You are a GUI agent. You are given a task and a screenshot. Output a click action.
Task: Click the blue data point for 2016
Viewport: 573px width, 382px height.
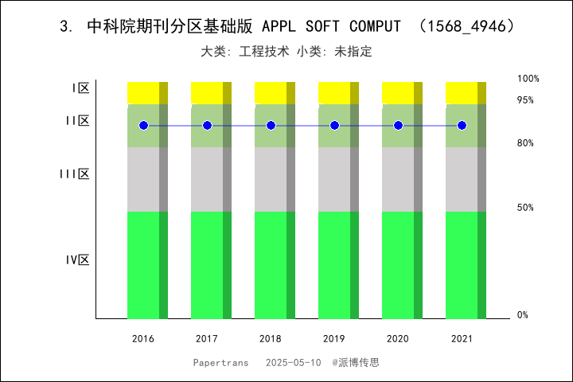(143, 126)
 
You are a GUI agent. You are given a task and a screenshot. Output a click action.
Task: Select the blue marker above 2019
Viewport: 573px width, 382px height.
(334, 126)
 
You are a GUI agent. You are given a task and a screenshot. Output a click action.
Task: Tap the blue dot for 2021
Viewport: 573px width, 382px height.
(462, 126)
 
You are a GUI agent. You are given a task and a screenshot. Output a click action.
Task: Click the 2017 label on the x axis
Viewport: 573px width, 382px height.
(207, 339)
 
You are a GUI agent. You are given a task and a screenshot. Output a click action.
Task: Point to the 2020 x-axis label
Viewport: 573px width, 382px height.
(398, 339)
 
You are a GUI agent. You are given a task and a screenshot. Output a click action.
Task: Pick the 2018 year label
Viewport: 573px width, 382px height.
(271, 339)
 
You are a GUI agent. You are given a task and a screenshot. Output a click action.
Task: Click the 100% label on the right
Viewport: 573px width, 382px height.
(528, 79)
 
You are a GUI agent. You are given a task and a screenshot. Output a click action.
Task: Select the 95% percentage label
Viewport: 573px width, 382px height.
(525, 100)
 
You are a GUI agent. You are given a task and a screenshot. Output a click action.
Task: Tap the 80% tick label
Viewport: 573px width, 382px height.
(525, 143)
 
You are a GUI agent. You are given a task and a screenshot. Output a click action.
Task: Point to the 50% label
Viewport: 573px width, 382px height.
(525, 208)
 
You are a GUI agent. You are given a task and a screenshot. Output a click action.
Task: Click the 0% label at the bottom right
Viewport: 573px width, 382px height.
(523, 315)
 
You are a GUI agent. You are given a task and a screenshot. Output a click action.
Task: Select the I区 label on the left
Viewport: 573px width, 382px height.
(80, 88)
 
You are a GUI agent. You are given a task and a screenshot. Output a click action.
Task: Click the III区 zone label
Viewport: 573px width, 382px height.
(74, 173)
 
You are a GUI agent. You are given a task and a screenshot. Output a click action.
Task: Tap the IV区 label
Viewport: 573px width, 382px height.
(77, 259)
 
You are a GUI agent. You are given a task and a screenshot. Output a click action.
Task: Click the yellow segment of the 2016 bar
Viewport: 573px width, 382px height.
(143, 92)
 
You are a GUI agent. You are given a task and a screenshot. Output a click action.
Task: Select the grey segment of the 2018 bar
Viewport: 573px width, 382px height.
(271, 179)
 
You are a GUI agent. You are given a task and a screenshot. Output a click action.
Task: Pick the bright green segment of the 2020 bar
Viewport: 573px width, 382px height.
(398, 264)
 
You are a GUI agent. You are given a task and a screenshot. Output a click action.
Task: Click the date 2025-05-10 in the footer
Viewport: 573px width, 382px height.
(294, 362)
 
